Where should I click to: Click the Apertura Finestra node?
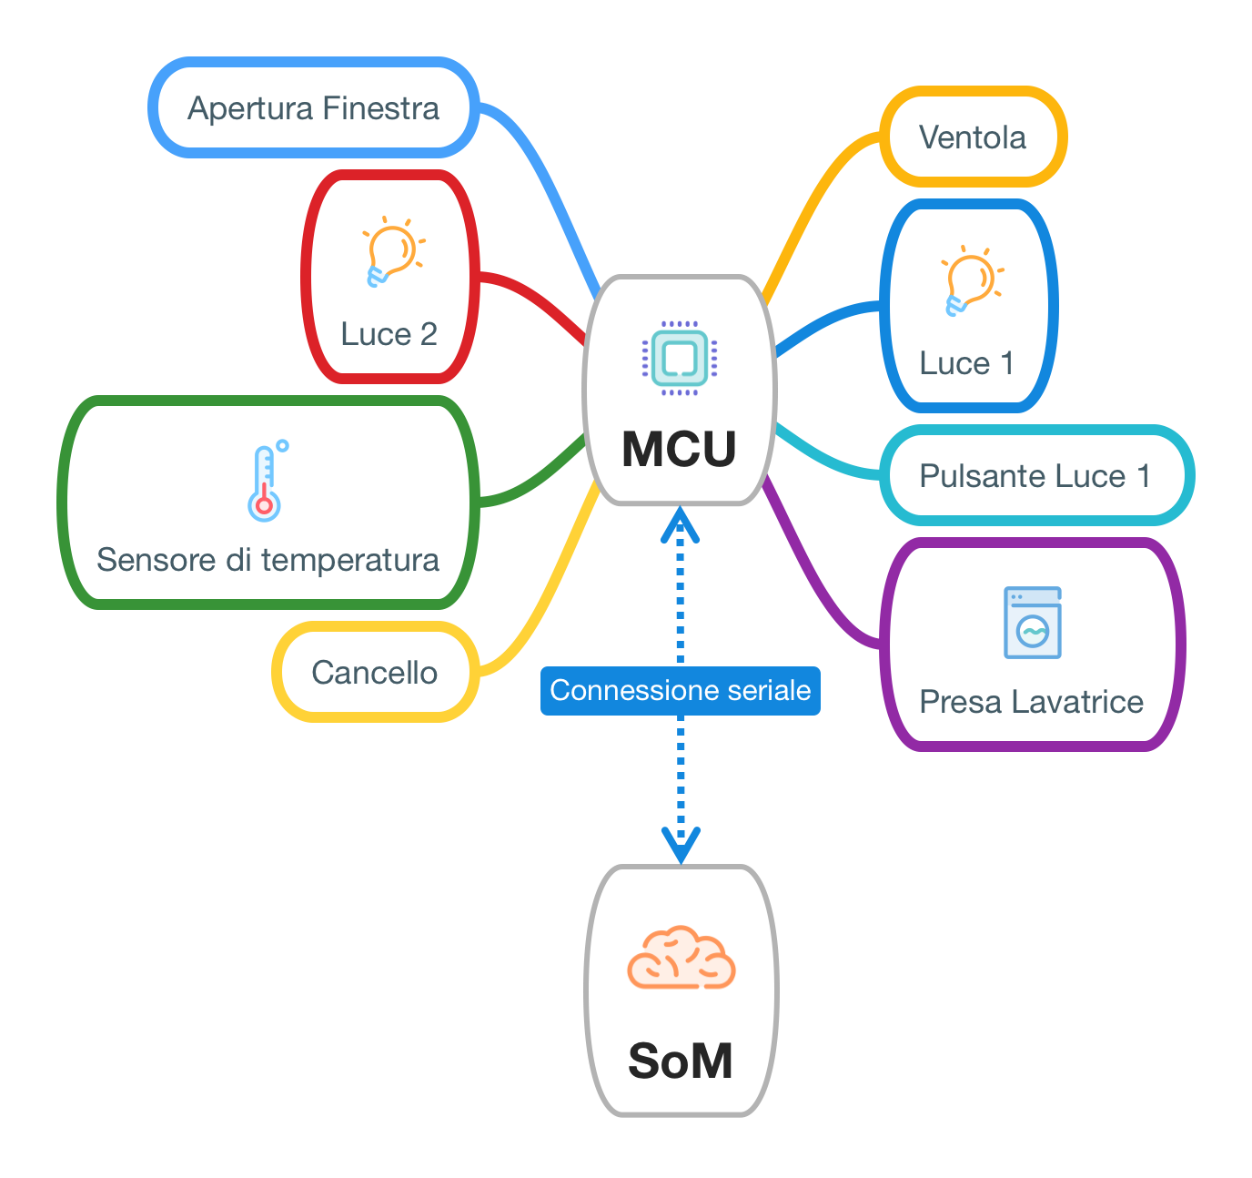313,107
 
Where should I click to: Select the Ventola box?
973,137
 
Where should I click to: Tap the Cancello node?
375,672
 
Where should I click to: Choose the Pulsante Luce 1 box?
1035,475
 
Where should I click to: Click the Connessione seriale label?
680,691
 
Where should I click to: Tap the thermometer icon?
267,482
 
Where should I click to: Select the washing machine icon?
1032,623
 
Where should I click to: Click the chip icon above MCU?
680,359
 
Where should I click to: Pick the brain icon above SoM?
681,959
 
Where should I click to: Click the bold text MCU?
679,449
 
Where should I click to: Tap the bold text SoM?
681,1061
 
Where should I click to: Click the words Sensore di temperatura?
268,560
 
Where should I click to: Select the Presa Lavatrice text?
1031,702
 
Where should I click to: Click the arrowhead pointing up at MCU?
680,526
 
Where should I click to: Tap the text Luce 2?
389,334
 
